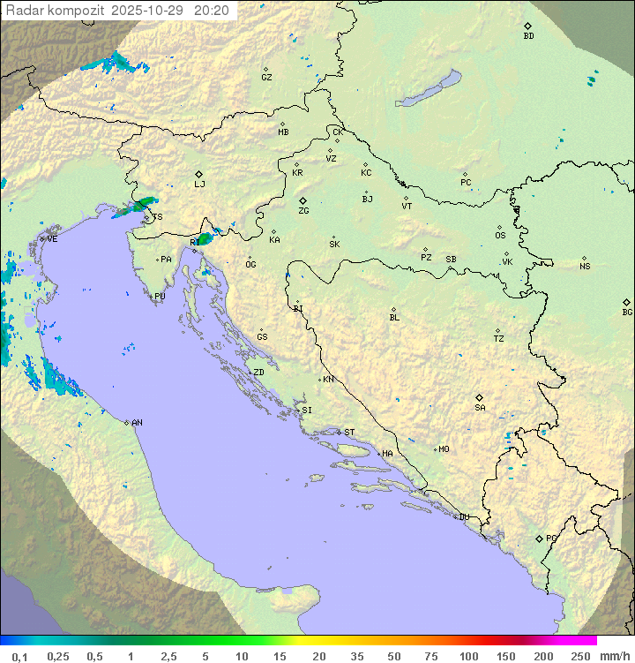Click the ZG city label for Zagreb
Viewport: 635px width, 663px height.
pos(303,211)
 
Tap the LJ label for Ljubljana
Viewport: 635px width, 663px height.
pos(199,184)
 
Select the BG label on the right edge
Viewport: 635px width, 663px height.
pos(627,312)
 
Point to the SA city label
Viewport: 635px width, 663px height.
pos(480,407)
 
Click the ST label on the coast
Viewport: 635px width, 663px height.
pos(349,433)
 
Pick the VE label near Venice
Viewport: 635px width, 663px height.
pos(52,239)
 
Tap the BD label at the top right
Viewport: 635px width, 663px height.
pos(528,36)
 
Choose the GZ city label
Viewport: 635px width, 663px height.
pos(266,77)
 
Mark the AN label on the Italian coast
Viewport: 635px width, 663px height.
pos(137,423)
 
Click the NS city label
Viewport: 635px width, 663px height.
pos(585,267)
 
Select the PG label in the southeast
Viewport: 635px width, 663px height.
pos(551,538)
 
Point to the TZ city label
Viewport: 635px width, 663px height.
pos(499,338)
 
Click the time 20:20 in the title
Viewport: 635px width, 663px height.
pos(213,11)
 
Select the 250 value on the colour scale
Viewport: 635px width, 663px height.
pos(580,656)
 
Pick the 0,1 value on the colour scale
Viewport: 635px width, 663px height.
pos(19,656)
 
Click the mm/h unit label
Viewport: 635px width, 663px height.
pos(614,656)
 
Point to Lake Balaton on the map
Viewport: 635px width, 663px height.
pos(428,89)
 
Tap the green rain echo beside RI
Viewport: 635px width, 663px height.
pos(205,238)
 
